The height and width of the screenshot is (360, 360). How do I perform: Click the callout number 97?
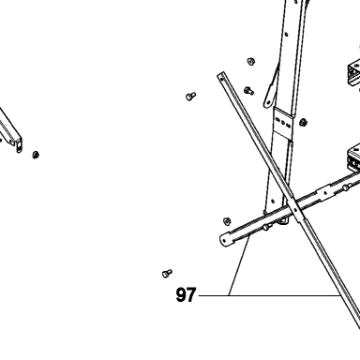[186, 294]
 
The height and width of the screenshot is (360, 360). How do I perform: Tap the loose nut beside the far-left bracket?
[36, 155]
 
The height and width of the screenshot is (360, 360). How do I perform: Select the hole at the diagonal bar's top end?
[221, 77]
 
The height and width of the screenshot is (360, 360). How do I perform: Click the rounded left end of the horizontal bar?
[225, 240]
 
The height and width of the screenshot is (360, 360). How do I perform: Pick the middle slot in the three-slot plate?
[283, 123]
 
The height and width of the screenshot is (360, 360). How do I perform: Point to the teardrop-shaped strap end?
[268, 99]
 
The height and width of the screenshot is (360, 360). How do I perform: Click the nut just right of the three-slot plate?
[303, 122]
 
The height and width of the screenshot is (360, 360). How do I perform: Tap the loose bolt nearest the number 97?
[167, 274]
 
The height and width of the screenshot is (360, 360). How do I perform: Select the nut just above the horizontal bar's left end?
[228, 221]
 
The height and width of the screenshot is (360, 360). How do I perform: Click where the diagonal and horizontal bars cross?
[295, 209]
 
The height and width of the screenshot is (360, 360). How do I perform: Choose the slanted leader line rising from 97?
[239, 265]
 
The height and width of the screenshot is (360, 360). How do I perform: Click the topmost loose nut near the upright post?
[250, 62]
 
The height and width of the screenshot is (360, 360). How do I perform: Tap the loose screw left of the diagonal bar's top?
[191, 96]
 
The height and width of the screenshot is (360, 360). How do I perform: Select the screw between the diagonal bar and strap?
[248, 91]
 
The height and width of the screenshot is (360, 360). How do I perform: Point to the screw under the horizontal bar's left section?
[266, 227]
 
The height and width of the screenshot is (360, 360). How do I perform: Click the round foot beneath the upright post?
[283, 221]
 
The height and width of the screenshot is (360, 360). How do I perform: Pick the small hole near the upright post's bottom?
[273, 202]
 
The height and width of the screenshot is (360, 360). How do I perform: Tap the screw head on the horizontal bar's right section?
[345, 187]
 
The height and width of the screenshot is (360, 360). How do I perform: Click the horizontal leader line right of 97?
[269, 295]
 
